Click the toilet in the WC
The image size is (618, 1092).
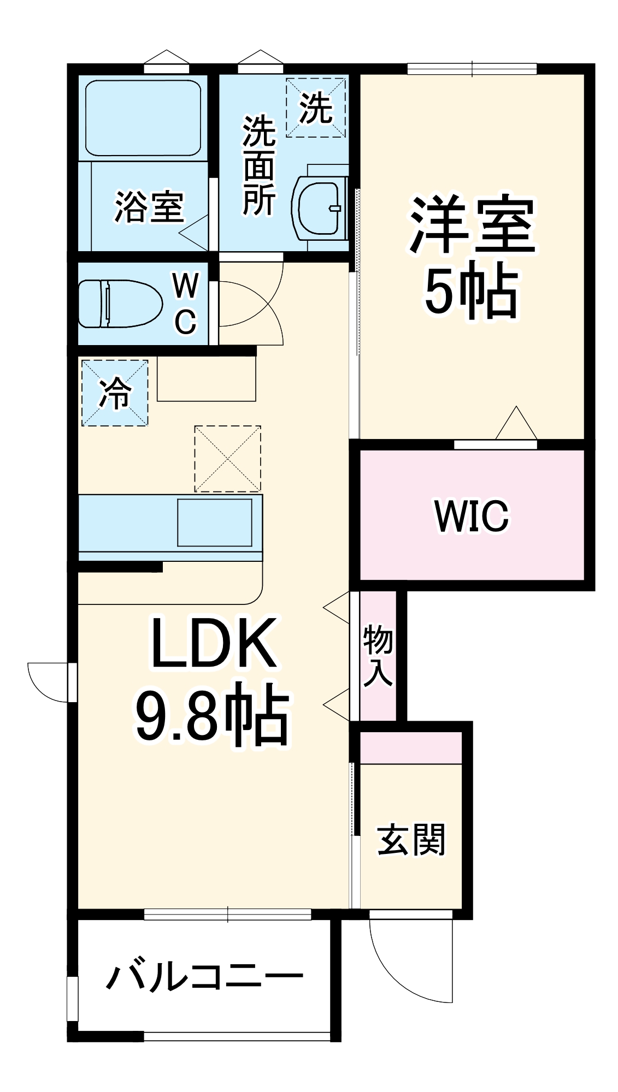pyautogui.click(x=120, y=304)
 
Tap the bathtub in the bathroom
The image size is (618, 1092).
pyautogui.click(x=143, y=119)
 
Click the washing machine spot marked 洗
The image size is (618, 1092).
pyautogui.click(x=316, y=108)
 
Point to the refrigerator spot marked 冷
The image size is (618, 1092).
pyautogui.click(x=115, y=393)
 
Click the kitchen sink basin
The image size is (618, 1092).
pyautogui.click(x=214, y=522)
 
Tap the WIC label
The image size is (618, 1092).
pyautogui.click(x=471, y=515)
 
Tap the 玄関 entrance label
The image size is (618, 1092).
pyautogui.click(x=411, y=839)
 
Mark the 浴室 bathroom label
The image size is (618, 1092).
pyautogui.click(x=149, y=207)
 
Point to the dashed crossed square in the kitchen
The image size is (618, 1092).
pyautogui.click(x=227, y=459)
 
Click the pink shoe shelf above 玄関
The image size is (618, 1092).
pyautogui.click(x=411, y=747)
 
